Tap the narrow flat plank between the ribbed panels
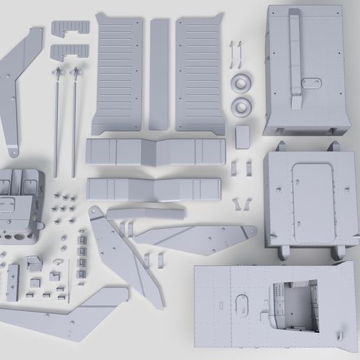160,74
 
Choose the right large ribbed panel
199,73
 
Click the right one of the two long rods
73,119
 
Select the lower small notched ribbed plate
70,52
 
